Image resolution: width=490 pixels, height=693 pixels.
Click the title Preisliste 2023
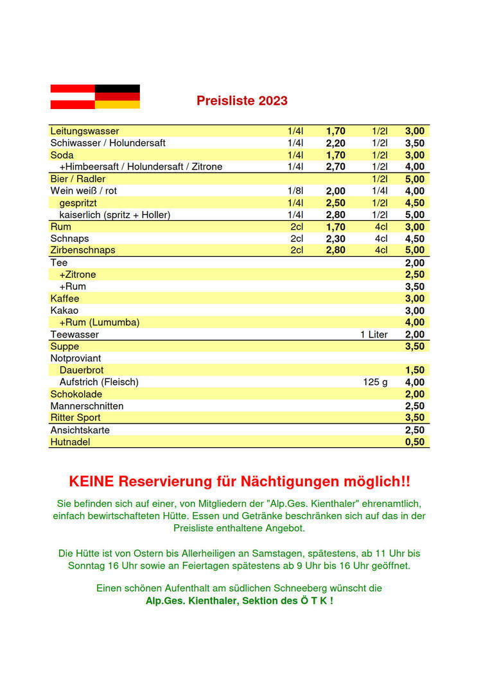pos(241,101)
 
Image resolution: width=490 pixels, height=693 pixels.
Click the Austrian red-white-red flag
pos(73,96)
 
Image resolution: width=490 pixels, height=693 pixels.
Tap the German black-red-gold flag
pos(117,96)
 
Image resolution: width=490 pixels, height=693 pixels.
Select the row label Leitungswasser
pos(85,131)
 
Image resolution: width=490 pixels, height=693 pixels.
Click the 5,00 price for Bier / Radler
pos(414,179)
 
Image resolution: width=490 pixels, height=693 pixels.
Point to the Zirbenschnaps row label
pos(83,250)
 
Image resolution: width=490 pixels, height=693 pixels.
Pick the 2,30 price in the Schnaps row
pos(335,239)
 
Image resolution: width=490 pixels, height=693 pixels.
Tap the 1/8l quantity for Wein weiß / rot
pos(295,191)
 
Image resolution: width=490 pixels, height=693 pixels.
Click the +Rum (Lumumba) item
pos(100,322)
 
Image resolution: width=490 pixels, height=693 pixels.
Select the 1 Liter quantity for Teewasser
pos(374,334)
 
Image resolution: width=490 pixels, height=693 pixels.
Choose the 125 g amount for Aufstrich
pos(375,382)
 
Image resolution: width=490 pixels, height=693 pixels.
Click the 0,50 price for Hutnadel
pos(414,442)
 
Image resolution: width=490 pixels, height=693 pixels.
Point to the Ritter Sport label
pos(76,418)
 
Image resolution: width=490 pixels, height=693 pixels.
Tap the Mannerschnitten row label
pos(87,406)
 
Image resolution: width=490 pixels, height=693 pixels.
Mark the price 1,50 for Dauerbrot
pos(414,370)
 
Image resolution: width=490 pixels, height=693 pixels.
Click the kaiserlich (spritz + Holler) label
pos(115,215)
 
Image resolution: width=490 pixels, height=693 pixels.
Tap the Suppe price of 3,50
pos(414,346)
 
